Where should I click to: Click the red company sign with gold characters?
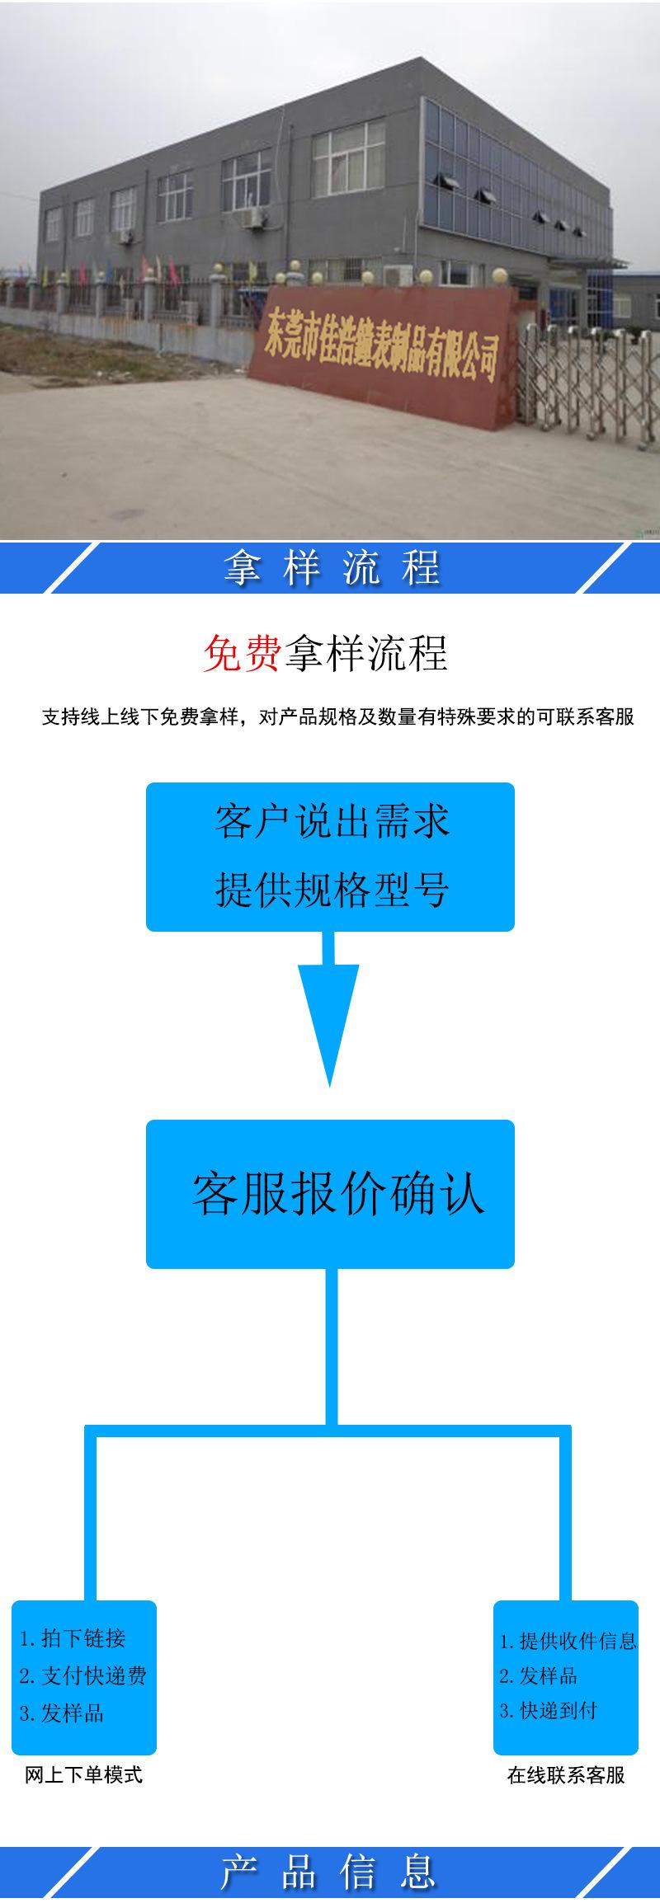coord(384,350)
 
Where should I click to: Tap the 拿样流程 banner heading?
coord(331,568)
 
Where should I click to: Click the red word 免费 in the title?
coord(241,655)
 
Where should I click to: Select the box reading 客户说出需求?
coord(331,822)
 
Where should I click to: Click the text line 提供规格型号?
coord(331,890)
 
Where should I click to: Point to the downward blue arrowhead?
coord(329,1022)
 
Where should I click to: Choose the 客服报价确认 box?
coord(331,1194)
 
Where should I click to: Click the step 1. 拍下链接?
coord(73,1638)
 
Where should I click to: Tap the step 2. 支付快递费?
coord(82,1675)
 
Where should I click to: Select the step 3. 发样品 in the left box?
coord(62,1713)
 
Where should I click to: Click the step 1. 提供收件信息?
coord(568,1641)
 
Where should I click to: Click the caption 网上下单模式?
coord(83,1774)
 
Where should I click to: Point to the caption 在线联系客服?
coord(566,1775)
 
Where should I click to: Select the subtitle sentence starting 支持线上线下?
coord(338,717)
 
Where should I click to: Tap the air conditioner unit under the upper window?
coord(254,217)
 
